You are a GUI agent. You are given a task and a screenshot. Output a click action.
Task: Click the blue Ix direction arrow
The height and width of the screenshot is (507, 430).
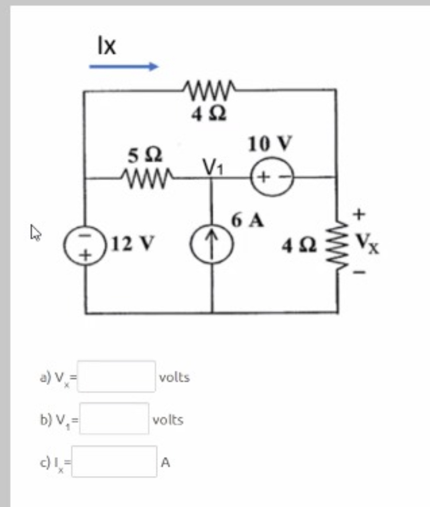123,66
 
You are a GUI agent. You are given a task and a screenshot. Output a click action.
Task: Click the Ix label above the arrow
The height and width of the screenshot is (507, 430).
106,46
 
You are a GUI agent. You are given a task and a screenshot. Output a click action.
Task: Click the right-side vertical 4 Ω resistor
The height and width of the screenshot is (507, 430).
336,244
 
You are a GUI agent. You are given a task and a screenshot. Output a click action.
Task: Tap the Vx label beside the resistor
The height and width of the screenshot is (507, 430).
367,243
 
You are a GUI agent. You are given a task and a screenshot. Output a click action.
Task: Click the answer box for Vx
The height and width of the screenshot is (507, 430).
116,377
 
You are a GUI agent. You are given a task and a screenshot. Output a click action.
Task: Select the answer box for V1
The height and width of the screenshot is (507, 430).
114,418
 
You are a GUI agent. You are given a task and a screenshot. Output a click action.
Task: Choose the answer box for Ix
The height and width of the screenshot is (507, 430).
114,461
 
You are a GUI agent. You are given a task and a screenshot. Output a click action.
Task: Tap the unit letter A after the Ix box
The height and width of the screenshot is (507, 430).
165,462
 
